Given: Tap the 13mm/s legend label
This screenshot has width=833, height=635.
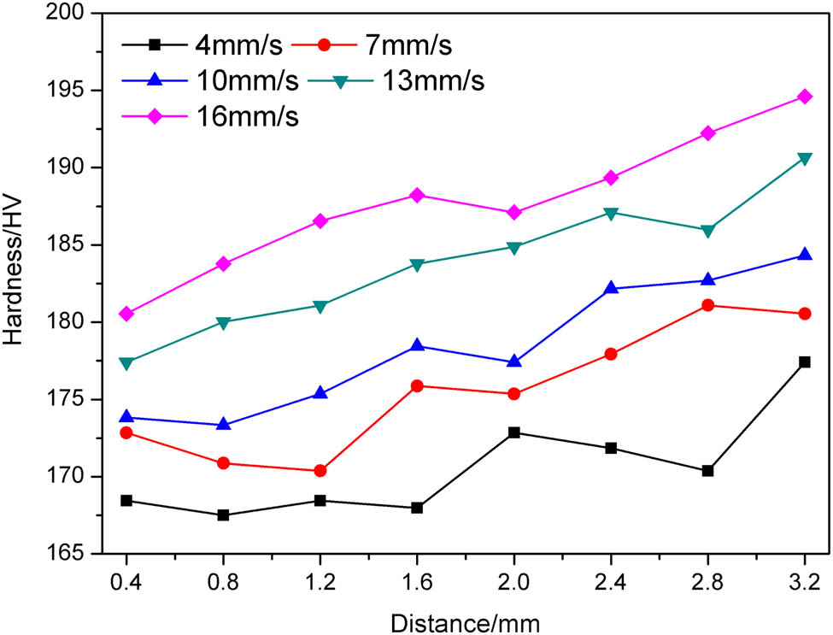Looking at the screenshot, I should (436, 80).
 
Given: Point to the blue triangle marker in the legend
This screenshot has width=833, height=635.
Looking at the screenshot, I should (156, 80).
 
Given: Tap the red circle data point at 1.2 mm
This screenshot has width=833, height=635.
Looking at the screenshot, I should (320, 471).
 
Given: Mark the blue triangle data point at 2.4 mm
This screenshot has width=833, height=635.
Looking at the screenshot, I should (611, 288).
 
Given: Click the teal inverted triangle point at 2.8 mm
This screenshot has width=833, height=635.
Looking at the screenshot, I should (707, 231).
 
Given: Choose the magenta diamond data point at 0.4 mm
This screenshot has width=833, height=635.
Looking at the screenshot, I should (126, 314).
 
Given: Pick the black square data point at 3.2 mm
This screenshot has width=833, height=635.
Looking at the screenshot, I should (804, 362).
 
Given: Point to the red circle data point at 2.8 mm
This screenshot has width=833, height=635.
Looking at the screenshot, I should (707, 305).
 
